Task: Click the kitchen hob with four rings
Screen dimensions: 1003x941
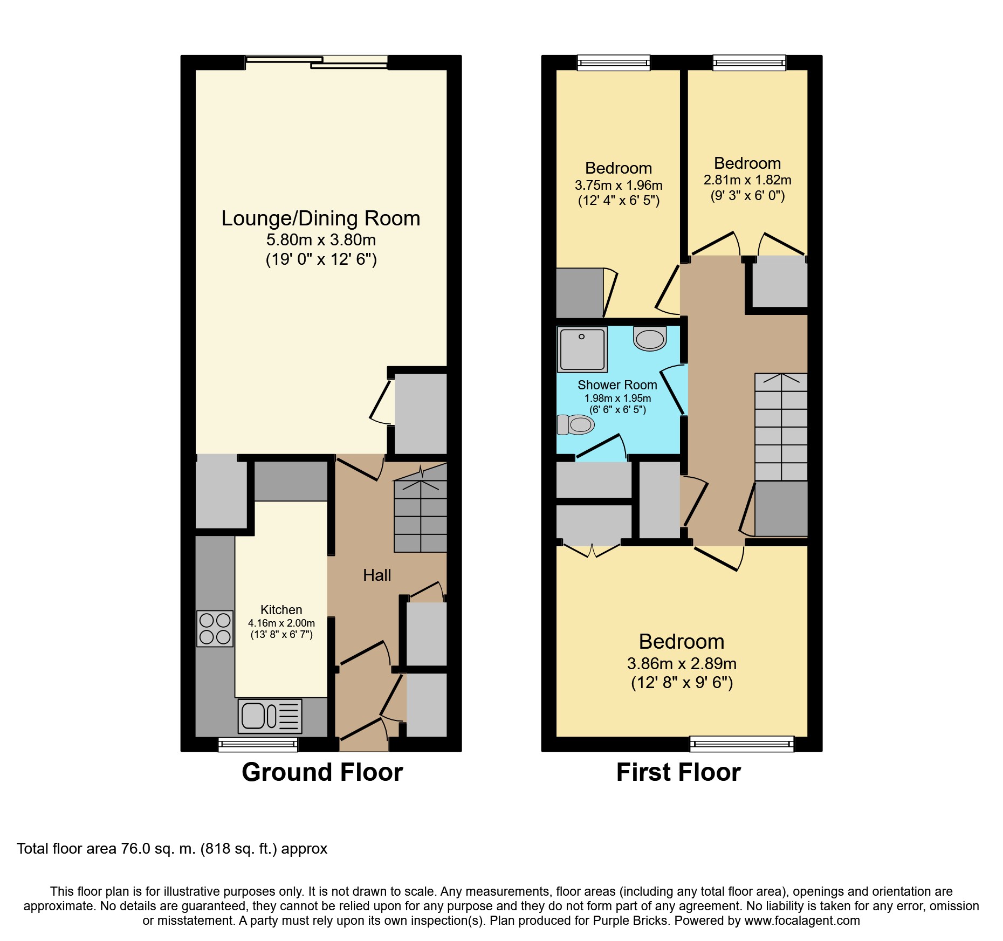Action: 215,628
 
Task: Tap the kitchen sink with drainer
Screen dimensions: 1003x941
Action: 270,716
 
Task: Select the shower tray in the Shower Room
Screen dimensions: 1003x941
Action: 582,349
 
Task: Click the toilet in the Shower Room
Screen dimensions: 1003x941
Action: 575,425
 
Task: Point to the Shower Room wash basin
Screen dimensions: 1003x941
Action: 650,339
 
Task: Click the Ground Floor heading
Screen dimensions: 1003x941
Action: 322,772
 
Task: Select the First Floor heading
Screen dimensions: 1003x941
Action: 678,772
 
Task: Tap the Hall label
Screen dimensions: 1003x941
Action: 377,575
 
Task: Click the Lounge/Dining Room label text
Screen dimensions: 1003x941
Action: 321,218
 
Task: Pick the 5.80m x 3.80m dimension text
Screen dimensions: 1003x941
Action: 321,240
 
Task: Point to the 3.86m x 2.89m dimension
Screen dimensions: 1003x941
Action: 682,664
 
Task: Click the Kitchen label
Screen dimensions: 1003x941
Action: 281,610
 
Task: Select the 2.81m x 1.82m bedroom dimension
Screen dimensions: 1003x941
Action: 747,180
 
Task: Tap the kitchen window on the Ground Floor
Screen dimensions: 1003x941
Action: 258,745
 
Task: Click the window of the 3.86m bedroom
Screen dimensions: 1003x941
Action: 741,744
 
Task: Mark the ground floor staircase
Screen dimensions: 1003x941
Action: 421,508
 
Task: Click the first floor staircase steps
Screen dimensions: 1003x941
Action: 781,427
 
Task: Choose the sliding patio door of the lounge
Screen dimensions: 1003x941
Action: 317,63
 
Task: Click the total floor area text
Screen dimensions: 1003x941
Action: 172,849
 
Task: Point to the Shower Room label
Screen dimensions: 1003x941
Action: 617,385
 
